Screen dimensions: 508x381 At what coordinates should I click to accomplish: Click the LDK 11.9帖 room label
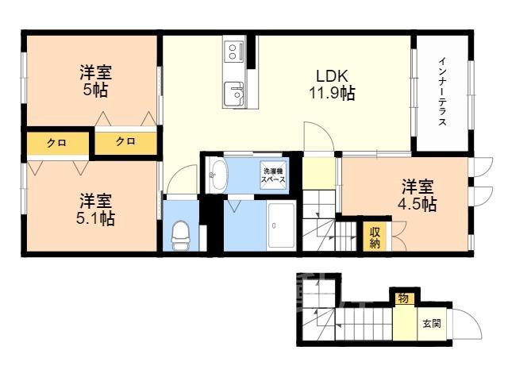[x=332, y=84]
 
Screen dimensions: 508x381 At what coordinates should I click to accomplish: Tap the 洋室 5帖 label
[x=95, y=81]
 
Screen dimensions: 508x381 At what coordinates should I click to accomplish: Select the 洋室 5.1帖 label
[x=95, y=210]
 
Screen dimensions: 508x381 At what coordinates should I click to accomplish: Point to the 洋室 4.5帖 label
[x=418, y=195]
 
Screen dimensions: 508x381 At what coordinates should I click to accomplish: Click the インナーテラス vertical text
[x=442, y=92]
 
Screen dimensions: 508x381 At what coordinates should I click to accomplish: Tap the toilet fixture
[x=180, y=236]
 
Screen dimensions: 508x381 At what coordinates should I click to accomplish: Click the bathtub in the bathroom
[x=281, y=225]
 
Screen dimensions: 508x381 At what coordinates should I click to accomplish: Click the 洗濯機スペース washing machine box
[x=273, y=175]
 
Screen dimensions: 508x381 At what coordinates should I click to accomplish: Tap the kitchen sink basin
[x=234, y=94]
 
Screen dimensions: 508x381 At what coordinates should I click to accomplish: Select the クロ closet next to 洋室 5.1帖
[x=57, y=143]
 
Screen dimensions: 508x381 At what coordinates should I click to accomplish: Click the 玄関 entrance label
[x=432, y=323]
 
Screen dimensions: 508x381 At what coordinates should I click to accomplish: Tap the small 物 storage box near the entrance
[x=404, y=298]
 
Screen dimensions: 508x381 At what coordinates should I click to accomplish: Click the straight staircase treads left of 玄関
[x=364, y=324]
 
